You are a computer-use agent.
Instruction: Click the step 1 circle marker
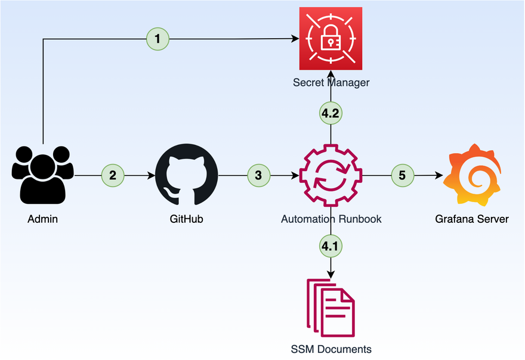[x=157, y=39]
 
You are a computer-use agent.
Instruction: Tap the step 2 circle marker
[x=113, y=175]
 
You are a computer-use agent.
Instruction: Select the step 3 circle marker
[x=258, y=175]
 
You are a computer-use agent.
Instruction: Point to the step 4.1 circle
[x=331, y=245]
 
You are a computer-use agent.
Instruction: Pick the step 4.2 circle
[x=331, y=114]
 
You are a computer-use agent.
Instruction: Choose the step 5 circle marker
[x=402, y=175]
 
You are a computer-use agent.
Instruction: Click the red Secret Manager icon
[x=331, y=38]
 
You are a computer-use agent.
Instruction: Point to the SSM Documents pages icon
[x=331, y=307]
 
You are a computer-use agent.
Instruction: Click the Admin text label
[x=42, y=219]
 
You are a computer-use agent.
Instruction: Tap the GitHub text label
[x=187, y=219]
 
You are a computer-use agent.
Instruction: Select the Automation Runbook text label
[x=331, y=219]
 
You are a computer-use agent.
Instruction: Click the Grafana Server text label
[x=471, y=219]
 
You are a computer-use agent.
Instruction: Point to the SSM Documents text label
[x=331, y=349]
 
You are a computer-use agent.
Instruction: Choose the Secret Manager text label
[x=331, y=83]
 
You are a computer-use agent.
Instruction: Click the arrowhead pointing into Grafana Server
[x=438, y=176]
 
